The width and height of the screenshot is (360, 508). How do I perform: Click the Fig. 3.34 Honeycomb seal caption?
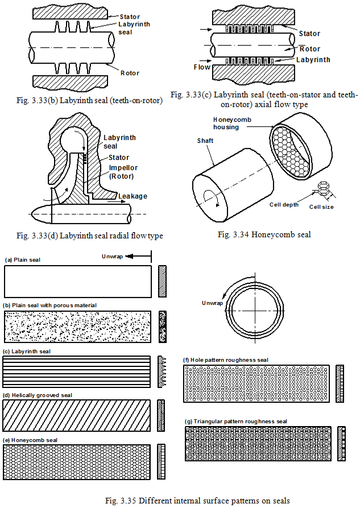(x=264, y=234)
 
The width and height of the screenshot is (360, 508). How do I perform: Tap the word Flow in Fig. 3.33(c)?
(x=202, y=67)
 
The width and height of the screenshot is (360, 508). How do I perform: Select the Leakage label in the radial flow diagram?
(x=133, y=196)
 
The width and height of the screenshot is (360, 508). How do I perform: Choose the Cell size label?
(x=322, y=207)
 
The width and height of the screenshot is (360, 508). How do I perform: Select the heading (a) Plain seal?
(x=23, y=259)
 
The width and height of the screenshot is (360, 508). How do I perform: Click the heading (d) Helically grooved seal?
(x=38, y=395)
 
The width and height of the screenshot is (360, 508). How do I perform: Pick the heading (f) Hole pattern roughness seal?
(x=226, y=360)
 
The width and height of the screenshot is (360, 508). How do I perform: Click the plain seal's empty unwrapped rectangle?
(x=77, y=282)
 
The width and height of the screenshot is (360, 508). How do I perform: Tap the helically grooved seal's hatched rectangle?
(x=77, y=415)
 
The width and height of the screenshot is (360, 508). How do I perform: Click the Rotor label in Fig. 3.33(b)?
(x=130, y=73)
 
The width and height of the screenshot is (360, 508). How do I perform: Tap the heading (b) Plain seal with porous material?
(x=51, y=305)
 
